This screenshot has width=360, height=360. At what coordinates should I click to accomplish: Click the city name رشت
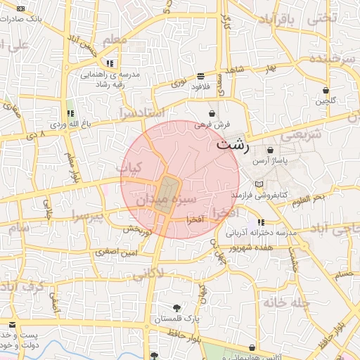(x=231, y=146)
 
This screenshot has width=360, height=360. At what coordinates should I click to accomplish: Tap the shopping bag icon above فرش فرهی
(x=212, y=112)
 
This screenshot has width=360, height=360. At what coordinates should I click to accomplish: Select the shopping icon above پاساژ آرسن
(x=271, y=150)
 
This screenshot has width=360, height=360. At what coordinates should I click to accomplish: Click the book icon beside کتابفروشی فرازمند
(x=259, y=184)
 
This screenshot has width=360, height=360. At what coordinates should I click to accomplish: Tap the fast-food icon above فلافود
(x=201, y=76)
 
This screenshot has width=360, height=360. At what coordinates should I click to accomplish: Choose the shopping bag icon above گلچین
(x=326, y=90)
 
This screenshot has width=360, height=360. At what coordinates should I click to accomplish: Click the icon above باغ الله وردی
(x=70, y=113)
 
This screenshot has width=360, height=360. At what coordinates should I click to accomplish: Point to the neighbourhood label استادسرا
(x=141, y=112)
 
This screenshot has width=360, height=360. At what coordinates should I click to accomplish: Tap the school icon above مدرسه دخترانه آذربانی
(x=261, y=222)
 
